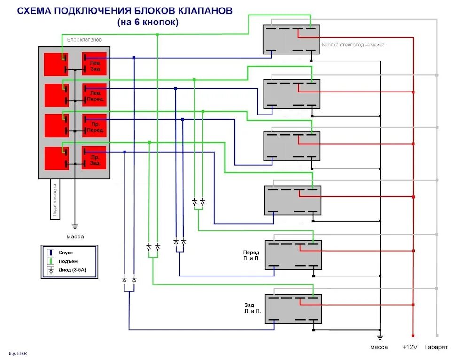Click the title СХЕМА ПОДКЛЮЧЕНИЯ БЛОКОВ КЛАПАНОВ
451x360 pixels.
click(125, 11)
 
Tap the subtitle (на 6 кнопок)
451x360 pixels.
click(148, 22)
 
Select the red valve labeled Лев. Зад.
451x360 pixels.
click(94, 64)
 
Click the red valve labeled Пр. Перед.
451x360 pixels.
click(94, 126)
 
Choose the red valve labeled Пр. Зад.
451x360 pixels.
click(94, 158)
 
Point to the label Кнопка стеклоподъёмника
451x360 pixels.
click(353, 45)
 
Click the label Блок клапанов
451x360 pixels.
click(84, 40)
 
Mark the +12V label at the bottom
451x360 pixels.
click(410, 347)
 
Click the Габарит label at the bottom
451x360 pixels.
click(436, 347)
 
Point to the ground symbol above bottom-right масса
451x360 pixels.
click(380, 336)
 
